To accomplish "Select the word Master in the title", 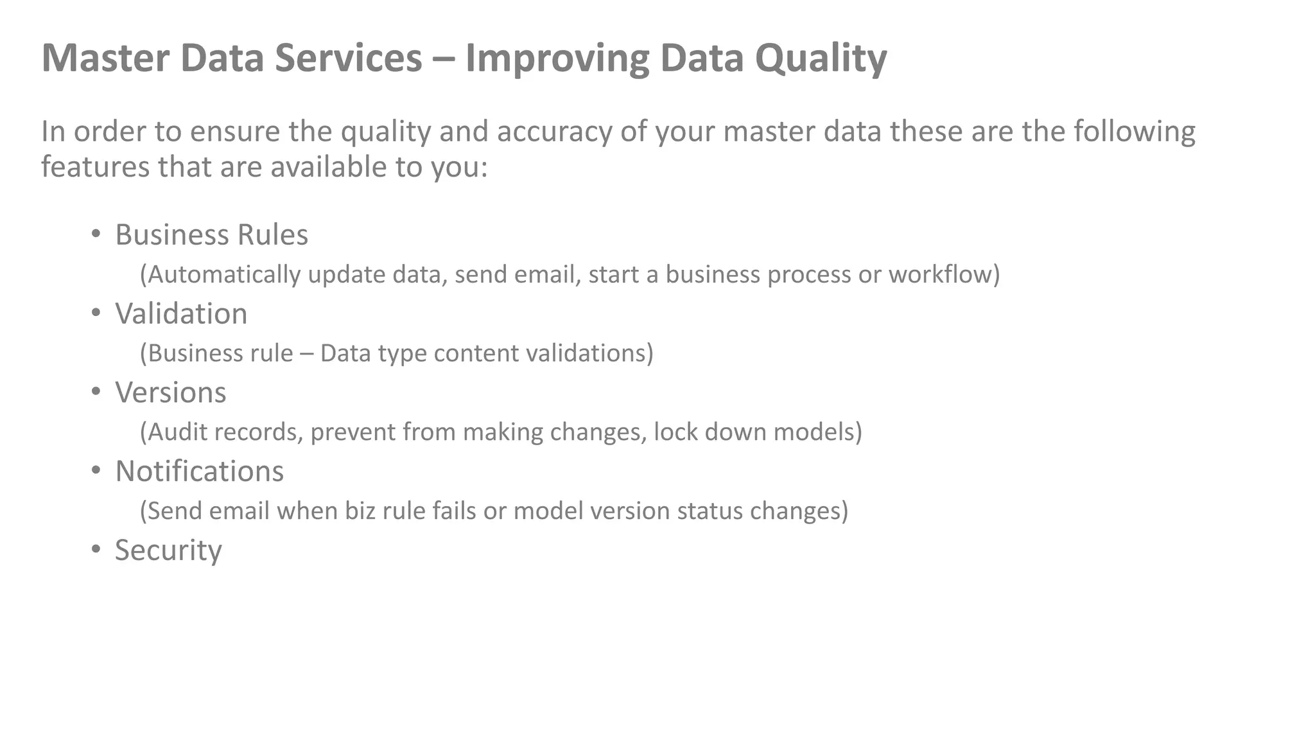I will tap(105, 57).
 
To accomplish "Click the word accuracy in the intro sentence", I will tap(554, 131).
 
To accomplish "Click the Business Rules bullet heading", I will tap(211, 234).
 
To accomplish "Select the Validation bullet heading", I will tap(181, 313).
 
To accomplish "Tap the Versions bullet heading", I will tap(170, 392).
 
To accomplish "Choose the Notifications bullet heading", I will tap(199, 471).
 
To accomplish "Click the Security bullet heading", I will tap(168, 551).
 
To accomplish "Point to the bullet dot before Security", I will tap(96, 550).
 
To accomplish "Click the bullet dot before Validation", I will tap(96, 313).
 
